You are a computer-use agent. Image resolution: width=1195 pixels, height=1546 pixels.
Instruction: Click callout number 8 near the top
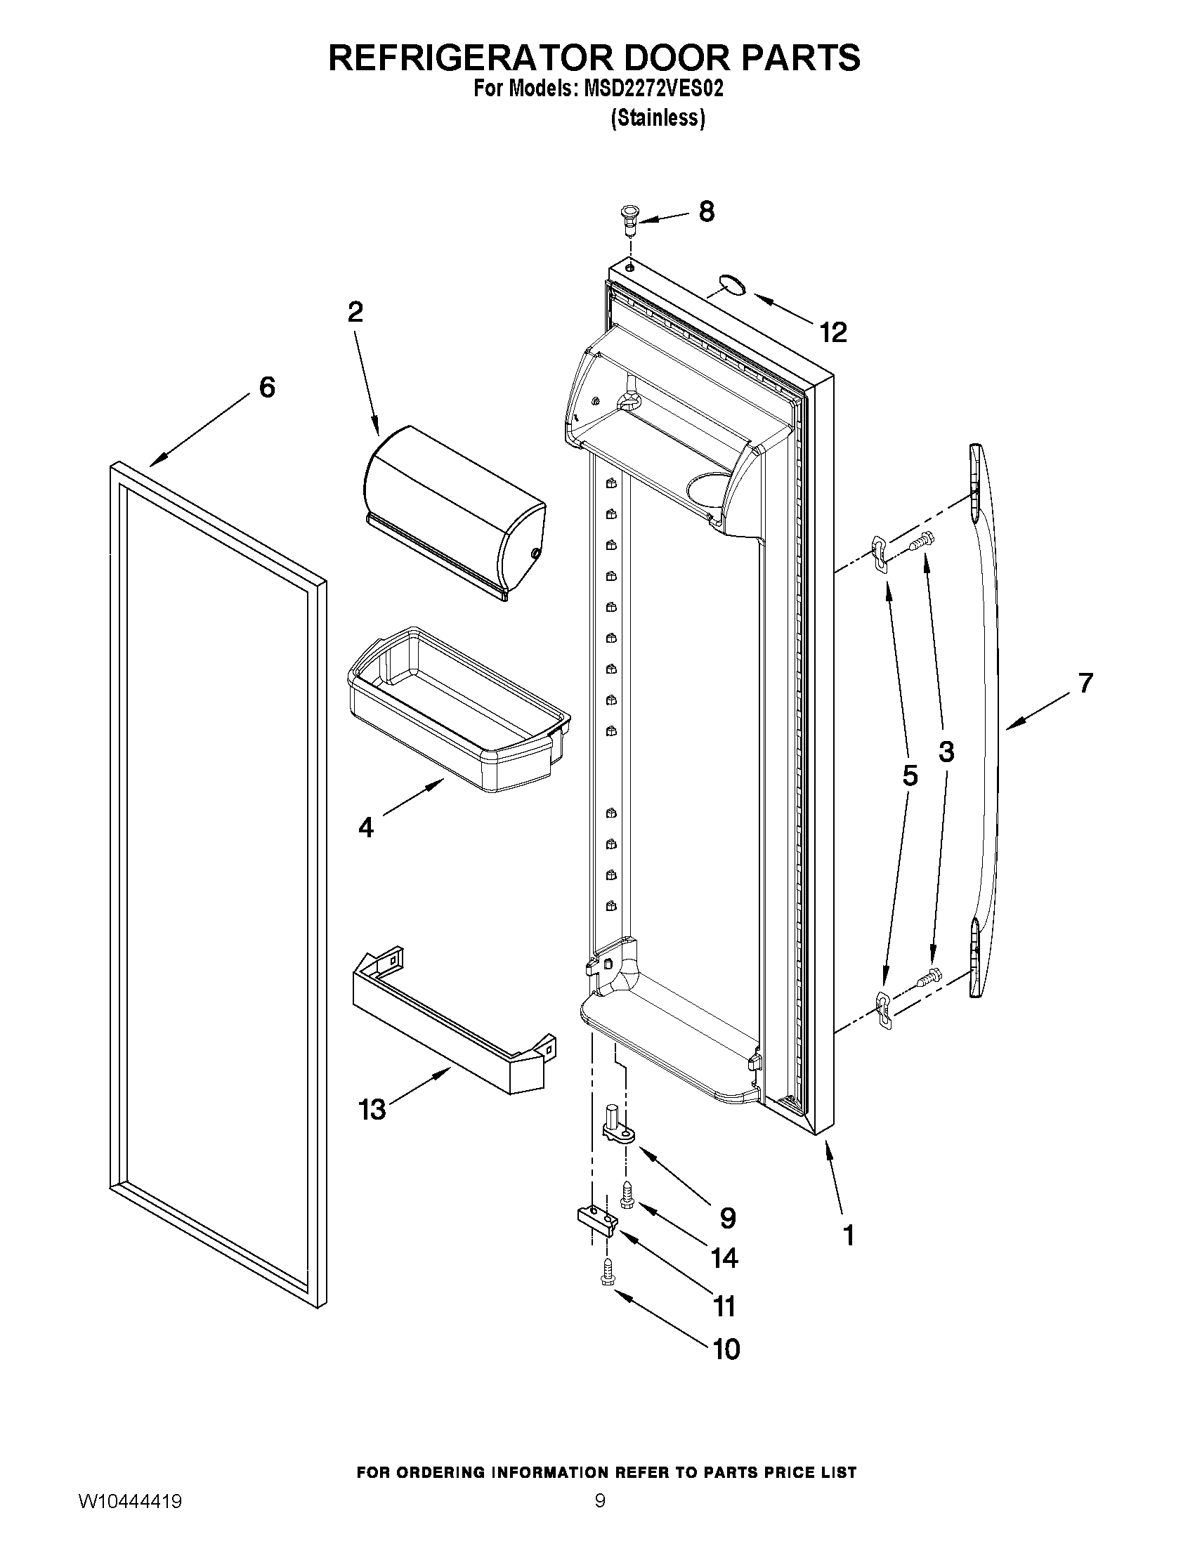point(706,211)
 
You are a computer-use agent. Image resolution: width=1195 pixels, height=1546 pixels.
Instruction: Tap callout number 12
point(833,332)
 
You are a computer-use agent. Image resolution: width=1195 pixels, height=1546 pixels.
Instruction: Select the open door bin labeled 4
point(457,709)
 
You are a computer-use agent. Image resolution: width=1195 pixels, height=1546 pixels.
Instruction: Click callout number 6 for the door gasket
point(267,387)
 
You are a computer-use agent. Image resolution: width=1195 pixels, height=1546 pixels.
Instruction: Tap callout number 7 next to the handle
point(1085,683)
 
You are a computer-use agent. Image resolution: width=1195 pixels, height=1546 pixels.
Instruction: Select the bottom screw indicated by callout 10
point(606,1274)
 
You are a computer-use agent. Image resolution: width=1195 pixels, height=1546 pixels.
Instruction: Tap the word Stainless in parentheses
point(658,117)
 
